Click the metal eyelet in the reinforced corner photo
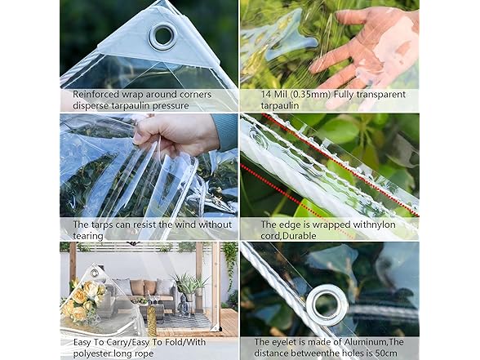point(162,35)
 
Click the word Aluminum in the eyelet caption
point(374,342)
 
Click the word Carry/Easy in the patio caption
point(123,342)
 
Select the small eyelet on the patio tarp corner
point(95,272)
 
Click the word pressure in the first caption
point(188,104)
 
